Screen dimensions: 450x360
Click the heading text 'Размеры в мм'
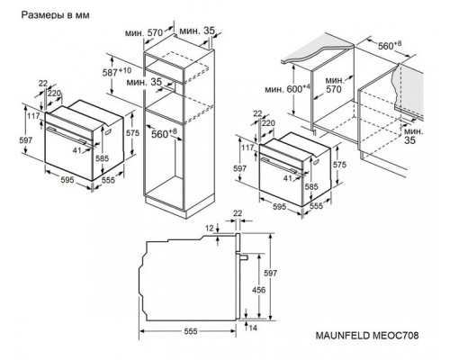pos(55,15)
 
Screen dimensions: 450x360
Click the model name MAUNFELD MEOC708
pos(367,336)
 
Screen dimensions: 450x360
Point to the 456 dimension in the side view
pos(258,290)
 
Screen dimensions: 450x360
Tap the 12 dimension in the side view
pos(210,229)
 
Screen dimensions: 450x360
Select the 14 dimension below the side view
pos(253,328)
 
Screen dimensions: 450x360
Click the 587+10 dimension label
pos(117,72)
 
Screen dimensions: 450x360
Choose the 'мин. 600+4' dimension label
pos(287,89)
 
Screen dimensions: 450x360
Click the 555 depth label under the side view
pos(191,331)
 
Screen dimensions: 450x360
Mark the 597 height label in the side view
pos(270,274)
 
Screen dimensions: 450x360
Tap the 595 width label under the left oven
pos(67,180)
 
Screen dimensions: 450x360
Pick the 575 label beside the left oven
pos(132,132)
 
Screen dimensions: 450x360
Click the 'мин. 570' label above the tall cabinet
pos(144,32)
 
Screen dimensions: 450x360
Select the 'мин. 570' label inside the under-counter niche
pos(334,85)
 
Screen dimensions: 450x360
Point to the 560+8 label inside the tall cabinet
pos(164,134)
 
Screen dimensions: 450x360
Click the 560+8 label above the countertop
pos(390,45)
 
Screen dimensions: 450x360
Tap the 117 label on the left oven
pos(33,115)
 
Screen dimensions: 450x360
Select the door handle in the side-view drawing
pos(243,256)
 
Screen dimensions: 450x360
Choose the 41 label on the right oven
pos(287,178)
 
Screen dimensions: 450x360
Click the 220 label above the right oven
pos(268,123)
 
